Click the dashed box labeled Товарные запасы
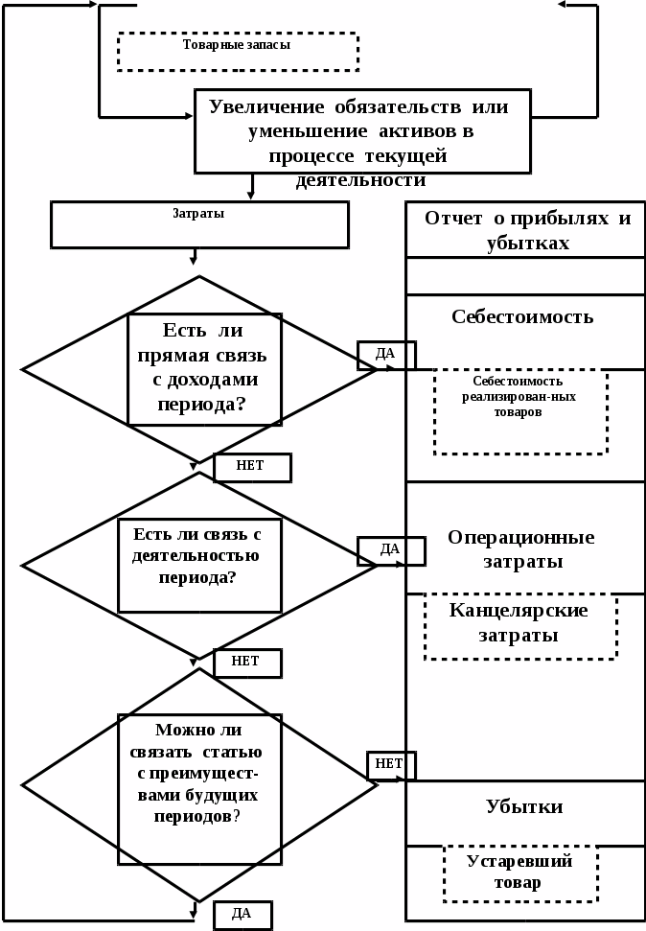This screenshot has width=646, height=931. [237, 51]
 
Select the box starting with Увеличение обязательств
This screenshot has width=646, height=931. [361, 131]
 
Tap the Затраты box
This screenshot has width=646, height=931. [198, 224]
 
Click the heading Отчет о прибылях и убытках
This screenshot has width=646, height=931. [527, 230]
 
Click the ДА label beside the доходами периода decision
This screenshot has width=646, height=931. [385, 354]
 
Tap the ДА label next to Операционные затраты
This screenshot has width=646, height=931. [390, 549]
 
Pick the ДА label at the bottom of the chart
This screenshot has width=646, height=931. [242, 914]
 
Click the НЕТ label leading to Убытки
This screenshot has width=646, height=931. [389, 764]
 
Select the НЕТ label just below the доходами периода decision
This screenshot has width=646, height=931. [250, 466]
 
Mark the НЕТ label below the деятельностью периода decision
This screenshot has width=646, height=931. [245, 662]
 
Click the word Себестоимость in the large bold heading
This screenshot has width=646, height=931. [522, 316]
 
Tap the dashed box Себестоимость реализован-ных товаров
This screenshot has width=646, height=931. [519, 410]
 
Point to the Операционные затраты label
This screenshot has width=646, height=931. [520, 549]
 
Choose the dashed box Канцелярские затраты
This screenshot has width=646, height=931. [519, 626]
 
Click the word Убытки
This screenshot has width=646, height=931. [524, 806]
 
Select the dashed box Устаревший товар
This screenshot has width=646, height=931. [519, 873]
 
